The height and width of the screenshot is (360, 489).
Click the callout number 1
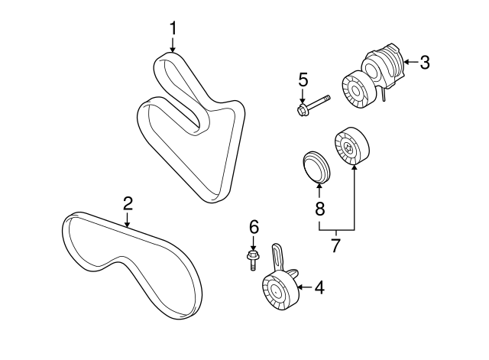[x=173, y=28]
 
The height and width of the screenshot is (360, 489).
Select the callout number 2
[x=128, y=203]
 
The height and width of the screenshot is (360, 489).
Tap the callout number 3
[x=425, y=62]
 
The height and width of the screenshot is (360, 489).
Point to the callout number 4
[x=319, y=287]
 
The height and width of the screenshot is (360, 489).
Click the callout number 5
[x=303, y=79]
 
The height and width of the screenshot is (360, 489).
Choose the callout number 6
[x=254, y=227]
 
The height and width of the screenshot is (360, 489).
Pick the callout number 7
[x=335, y=245]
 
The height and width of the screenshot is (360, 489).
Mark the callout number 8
[x=319, y=208]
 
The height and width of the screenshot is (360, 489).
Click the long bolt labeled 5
[x=313, y=105]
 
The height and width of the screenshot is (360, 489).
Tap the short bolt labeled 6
[x=253, y=259]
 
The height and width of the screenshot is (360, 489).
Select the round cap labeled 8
[x=316, y=167]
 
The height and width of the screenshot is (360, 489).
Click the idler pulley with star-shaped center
[x=351, y=146]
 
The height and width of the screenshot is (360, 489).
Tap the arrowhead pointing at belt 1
[x=173, y=49]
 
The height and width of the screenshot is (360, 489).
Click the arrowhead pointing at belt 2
[x=127, y=224]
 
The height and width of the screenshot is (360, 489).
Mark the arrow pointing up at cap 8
[x=319, y=191]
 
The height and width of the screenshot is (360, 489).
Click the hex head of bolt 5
[x=301, y=111]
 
